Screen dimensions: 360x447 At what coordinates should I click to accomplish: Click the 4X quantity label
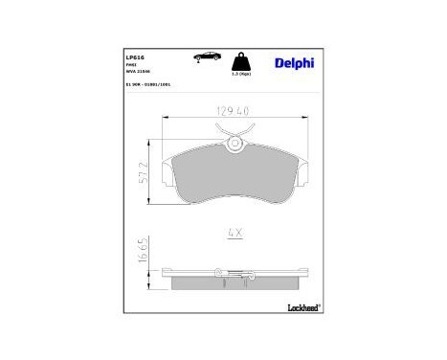click(235, 232)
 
